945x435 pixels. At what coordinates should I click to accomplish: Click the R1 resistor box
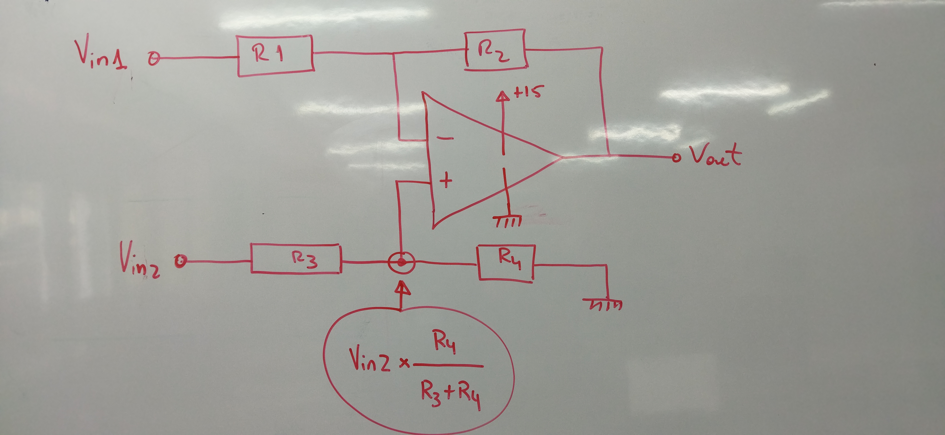pyautogui.click(x=275, y=56)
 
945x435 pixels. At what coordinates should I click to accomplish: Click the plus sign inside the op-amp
pyautogui.click(x=446, y=181)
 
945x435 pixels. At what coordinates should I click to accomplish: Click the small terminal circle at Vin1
pyautogui.click(x=154, y=59)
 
